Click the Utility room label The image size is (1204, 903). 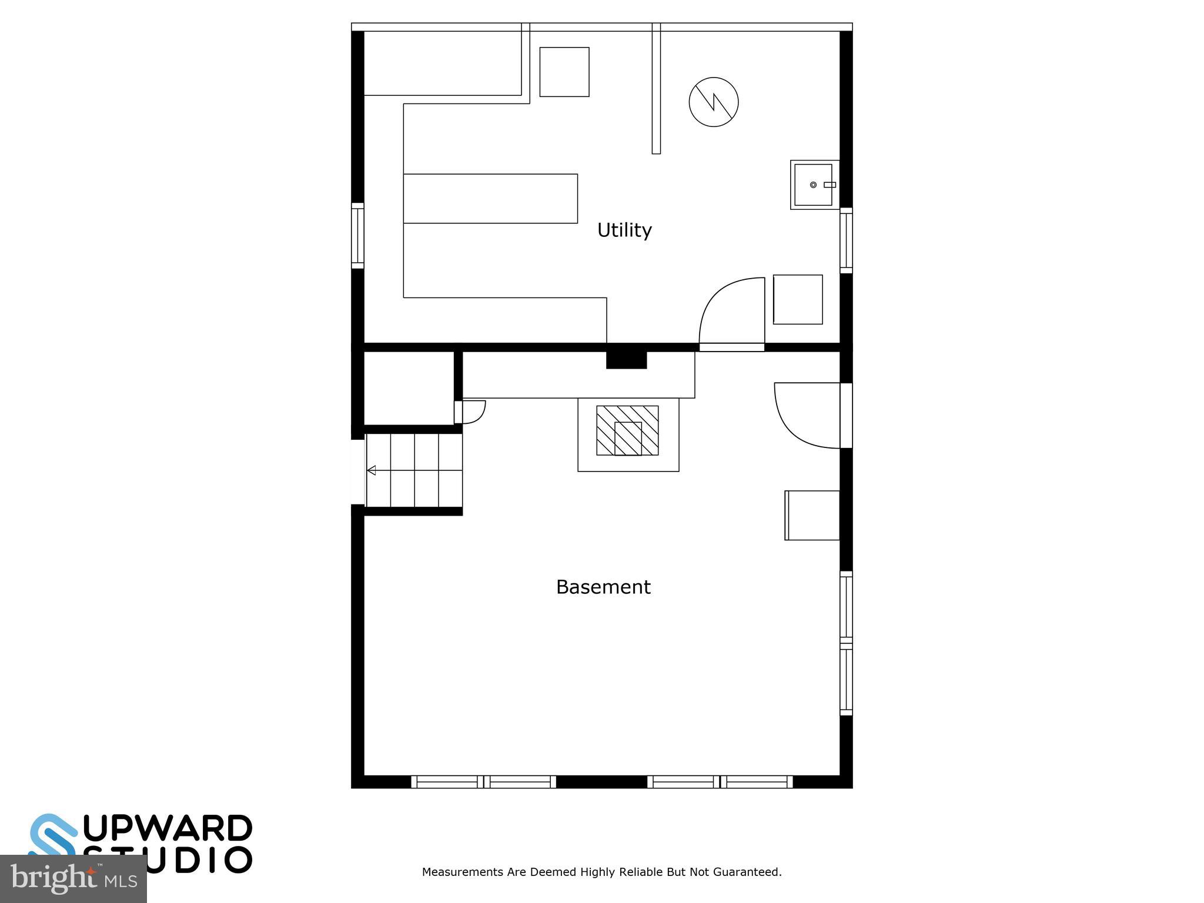tap(624, 230)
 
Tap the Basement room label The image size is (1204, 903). tap(603, 587)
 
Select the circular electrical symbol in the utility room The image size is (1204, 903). tap(714, 102)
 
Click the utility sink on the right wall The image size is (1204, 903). tap(814, 185)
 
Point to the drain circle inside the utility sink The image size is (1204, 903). tap(813, 185)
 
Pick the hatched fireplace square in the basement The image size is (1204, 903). tap(627, 430)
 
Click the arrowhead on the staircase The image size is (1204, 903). tap(372, 470)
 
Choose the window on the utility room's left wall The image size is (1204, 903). tap(357, 236)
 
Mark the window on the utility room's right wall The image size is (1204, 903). tap(846, 240)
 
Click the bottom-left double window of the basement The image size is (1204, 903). tap(483, 782)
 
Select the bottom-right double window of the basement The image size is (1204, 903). tap(720, 782)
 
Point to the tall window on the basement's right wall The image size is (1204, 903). tap(846, 643)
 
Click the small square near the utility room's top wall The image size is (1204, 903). tap(564, 72)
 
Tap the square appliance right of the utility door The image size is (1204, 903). tap(798, 299)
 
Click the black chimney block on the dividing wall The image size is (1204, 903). tap(626, 359)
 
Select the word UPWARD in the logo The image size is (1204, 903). tap(168, 829)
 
